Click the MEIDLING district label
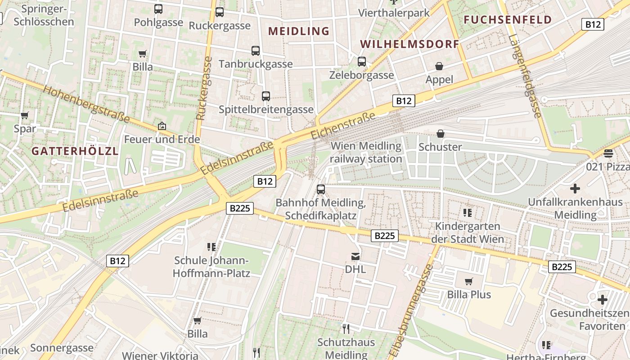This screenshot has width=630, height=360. click(x=299, y=31)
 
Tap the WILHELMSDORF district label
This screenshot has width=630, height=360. click(x=409, y=44)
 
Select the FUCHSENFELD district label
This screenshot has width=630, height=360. click(x=508, y=20)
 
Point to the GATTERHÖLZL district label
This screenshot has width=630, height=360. click(x=75, y=151)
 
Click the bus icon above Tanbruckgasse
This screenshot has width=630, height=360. click(x=256, y=51)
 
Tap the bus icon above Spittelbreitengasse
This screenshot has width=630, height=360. click(x=266, y=96)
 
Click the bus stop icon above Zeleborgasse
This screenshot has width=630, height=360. click(x=362, y=62)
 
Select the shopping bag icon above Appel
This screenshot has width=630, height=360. click(x=439, y=67)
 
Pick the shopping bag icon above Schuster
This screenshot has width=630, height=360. click(x=441, y=134)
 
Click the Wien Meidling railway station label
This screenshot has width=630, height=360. click(x=366, y=153)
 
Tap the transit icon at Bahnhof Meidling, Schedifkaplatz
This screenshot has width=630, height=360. click(x=321, y=189)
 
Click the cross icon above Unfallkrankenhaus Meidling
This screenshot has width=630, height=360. click(x=575, y=189)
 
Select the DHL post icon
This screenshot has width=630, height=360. click(x=355, y=256)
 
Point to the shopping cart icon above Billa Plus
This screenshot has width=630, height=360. click(x=469, y=282)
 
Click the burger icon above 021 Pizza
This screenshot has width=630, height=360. click(x=608, y=153)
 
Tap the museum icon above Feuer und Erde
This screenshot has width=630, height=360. click(x=162, y=126)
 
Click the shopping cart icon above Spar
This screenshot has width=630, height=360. click(x=25, y=116)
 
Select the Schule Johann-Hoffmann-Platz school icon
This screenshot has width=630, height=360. click(x=211, y=247)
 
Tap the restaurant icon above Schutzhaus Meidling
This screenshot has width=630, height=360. click(x=346, y=329)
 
